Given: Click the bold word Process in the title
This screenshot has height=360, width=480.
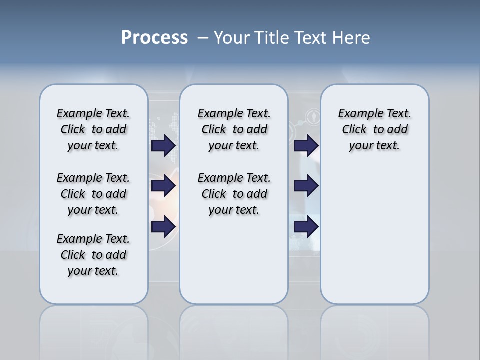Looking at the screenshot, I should [x=154, y=38].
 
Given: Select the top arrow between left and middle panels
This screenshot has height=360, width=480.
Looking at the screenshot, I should [x=163, y=146].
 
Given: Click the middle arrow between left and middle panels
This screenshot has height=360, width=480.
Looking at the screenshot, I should [x=163, y=186].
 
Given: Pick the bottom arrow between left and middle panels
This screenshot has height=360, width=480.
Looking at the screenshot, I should [x=163, y=227].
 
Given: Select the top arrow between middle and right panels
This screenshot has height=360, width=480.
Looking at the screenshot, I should [x=306, y=146].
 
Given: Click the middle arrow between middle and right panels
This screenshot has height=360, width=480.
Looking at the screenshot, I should [x=306, y=186].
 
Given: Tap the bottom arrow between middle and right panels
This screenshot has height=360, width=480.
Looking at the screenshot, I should [x=306, y=227].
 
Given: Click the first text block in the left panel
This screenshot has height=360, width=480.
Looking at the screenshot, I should [x=93, y=129].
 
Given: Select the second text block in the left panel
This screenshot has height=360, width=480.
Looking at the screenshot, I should [x=93, y=194].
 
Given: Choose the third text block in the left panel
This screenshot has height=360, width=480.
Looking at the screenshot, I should [x=93, y=255].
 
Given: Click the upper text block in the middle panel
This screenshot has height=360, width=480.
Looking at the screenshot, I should [x=234, y=129].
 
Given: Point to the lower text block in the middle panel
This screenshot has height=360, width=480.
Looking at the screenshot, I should [x=234, y=194].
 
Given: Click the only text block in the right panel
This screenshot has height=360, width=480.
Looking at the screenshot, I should [x=374, y=129].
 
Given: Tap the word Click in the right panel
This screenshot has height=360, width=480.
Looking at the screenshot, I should [x=354, y=130].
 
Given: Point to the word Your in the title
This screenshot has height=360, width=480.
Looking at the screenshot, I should [x=232, y=38].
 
